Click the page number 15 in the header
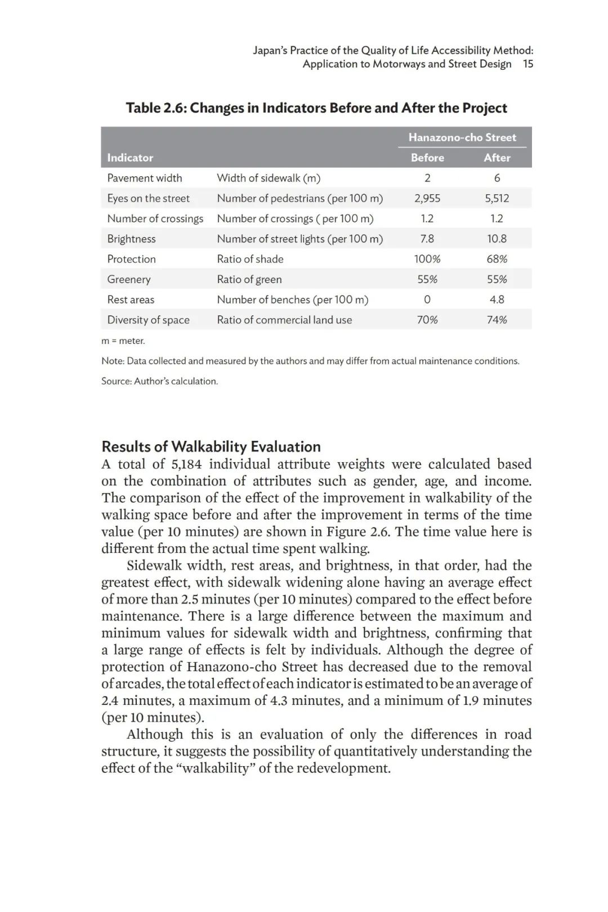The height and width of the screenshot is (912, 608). [527, 64]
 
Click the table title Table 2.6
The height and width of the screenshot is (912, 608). [316, 108]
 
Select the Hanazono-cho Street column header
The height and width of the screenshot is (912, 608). [462, 137]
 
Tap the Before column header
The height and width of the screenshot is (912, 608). [427, 158]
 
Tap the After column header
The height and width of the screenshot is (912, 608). [497, 158]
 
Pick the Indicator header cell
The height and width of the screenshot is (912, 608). [130, 158]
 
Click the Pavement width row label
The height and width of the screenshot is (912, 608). [145, 178]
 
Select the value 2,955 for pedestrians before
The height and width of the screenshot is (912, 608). [427, 198]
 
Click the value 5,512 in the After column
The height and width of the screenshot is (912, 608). [497, 198]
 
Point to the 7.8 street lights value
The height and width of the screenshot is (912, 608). [427, 239]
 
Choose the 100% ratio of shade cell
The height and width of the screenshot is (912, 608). [427, 259]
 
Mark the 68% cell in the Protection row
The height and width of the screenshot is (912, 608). [497, 259]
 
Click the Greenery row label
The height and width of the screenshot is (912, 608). [129, 279]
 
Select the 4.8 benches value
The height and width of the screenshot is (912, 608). [497, 299]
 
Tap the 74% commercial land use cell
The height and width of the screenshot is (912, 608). [497, 320]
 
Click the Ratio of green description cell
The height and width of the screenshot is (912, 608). [249, 279]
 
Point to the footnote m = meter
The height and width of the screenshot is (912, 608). [123, 341]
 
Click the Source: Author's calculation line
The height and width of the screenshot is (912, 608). [159, 381]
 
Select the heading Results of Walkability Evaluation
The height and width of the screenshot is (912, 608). [211, 446]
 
